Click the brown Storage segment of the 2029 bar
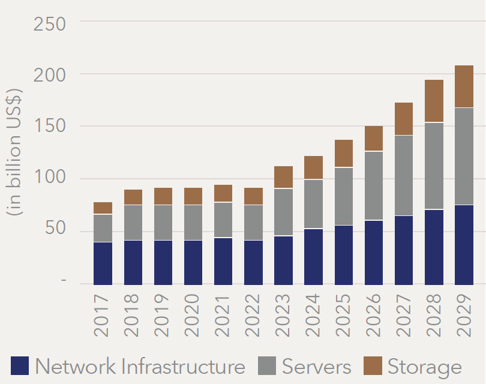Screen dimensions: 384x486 point(464,86)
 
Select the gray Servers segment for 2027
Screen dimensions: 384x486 point(404,175)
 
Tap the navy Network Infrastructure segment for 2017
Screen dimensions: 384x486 point(103,263)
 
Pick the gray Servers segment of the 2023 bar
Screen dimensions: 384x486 point(283,212)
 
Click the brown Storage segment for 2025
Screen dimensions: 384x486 point(344,154)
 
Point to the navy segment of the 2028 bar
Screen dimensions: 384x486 point(434,247)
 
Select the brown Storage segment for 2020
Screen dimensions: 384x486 point(193,196)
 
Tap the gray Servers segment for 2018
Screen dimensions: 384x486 point(133,223)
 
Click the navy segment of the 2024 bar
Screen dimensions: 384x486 point(313,256)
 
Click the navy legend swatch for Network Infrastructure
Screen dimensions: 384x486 point(20,365)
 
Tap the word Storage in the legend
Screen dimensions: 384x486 point(424,366)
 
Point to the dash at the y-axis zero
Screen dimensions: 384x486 point(64,282)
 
